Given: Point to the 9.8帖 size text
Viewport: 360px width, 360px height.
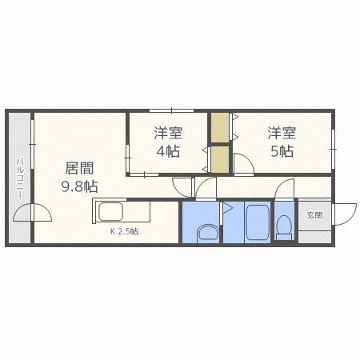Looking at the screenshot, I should (x=79, y=186).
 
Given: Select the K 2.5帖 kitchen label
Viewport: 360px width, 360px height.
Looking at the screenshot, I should (x=123, y=231).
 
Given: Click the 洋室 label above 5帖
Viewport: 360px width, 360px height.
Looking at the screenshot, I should (x=281, y=132).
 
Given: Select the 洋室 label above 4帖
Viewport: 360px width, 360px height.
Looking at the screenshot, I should (x=167, y=132).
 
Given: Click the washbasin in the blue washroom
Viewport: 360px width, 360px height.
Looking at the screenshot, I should (x=207, y=233).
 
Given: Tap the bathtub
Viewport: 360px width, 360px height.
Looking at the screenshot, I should (x=256, y=222).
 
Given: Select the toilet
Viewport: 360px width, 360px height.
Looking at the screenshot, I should (x=284, y=227).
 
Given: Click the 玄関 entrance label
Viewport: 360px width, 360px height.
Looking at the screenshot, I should (x=314, y=215).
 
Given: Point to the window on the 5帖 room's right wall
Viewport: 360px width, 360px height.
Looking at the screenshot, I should (x=332, y=145).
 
